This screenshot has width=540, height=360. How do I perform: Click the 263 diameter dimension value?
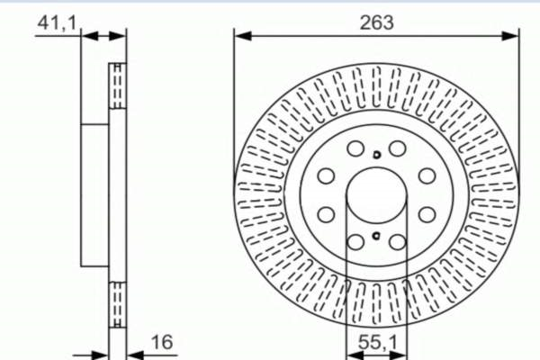pyautogui.click(x=376, y=22)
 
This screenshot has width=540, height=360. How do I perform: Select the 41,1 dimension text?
pyautogui.click(x=57, y=23)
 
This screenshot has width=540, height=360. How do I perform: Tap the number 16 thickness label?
pyautogui.click(x=162, y=342)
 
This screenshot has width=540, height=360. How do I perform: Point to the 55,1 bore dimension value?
pyautogui.click(x=378, y=342)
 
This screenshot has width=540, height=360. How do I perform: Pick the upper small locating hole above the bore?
pyautogui.click(x=377, y=155)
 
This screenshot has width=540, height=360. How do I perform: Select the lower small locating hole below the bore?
pyautogui.click(x=376, y=236)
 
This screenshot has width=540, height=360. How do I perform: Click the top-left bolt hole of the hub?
pyautogui.click(x=355, y=148)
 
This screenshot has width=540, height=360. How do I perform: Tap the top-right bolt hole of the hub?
pyautogui.click(x=398, y=148)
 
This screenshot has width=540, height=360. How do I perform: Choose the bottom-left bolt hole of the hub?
pyautogui.click(x=355, y=242)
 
